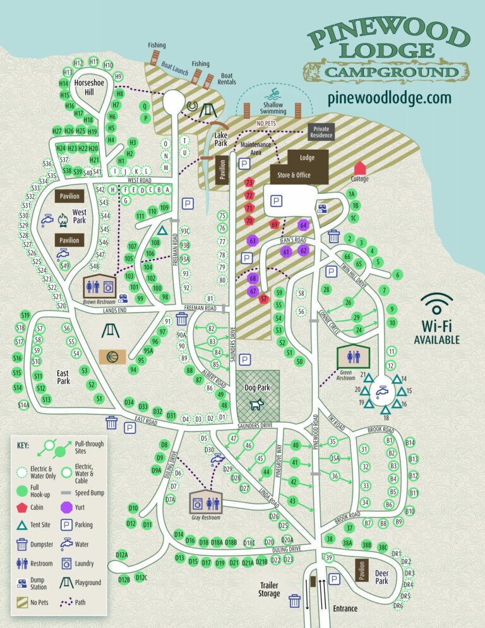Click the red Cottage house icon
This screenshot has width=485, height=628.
360,168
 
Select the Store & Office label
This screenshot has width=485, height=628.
295,175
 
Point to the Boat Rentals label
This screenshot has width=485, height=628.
227,78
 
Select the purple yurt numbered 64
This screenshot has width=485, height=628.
303,225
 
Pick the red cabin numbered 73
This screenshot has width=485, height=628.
249,183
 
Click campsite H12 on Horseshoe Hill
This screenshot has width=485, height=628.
78,63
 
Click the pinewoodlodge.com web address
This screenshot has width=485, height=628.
390,98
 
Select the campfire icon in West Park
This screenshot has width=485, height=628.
63,220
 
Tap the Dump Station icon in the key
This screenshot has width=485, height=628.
21,583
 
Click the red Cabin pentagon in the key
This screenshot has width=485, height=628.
21,507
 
